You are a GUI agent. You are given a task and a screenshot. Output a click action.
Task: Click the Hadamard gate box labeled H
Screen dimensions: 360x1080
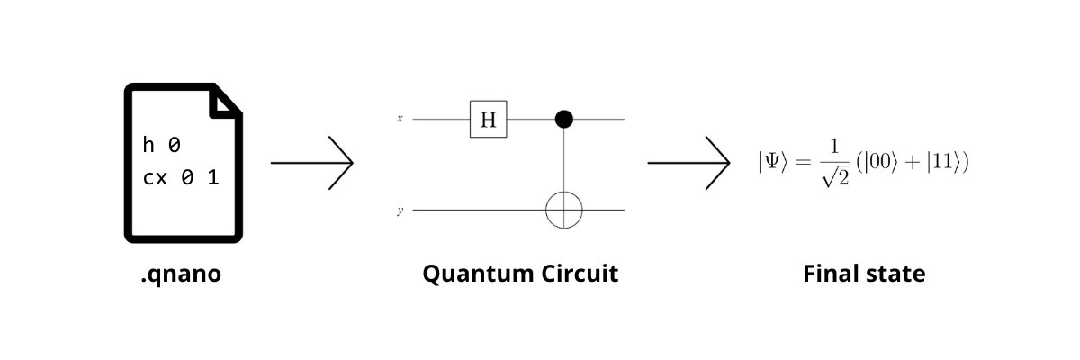click(x=488, y=119)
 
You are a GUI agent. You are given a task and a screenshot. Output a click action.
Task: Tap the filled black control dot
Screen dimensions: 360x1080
click(x=564, y=118)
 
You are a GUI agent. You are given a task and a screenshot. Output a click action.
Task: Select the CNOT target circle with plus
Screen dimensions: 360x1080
click(x=564, y=210)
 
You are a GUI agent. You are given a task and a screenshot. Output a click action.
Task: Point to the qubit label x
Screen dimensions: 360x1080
click(x=400, y=118)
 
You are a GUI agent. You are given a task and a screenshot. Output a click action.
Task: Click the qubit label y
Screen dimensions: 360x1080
click(x=400, y=211)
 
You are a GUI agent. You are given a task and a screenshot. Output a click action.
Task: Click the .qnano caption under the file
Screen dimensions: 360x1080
click(x=180, y=274)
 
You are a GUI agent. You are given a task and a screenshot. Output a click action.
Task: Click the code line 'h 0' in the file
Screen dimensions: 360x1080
click(x=166, y=145)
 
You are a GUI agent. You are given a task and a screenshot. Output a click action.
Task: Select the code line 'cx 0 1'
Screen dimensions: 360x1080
click(x=181, y=177)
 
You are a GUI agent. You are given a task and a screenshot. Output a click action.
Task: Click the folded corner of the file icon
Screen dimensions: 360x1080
click(x=225, y=103)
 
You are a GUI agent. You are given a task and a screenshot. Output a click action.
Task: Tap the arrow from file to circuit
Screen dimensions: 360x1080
click(x=311, y=163)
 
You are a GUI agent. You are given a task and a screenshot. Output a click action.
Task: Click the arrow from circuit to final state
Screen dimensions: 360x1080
click(x=688, y=163)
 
